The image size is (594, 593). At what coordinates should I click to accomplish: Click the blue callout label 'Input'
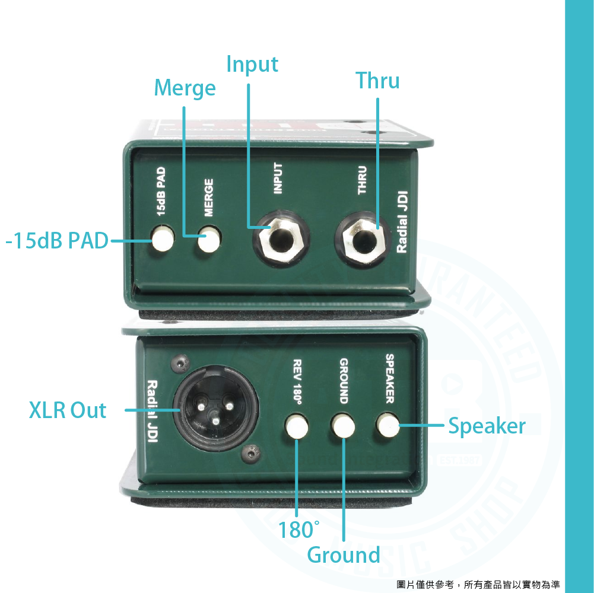click(252, 64)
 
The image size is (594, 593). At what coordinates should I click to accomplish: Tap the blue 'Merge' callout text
click(185, 88)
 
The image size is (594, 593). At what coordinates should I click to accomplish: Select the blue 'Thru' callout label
click(377, 81)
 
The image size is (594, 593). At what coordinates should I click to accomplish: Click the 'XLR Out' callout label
click(68, 410)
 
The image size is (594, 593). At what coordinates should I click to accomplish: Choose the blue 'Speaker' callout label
click(487, 426)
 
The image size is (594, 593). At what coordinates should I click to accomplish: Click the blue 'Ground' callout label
click(344, 555)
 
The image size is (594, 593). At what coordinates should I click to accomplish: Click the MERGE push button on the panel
click(209, 241)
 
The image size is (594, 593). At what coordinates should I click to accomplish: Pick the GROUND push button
click(343, 425)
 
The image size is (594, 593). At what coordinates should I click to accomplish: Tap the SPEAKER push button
click(388, 425)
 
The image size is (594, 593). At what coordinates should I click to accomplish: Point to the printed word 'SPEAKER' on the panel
click(390, 378)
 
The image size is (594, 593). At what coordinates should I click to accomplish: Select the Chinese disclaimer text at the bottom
click(478, 585)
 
